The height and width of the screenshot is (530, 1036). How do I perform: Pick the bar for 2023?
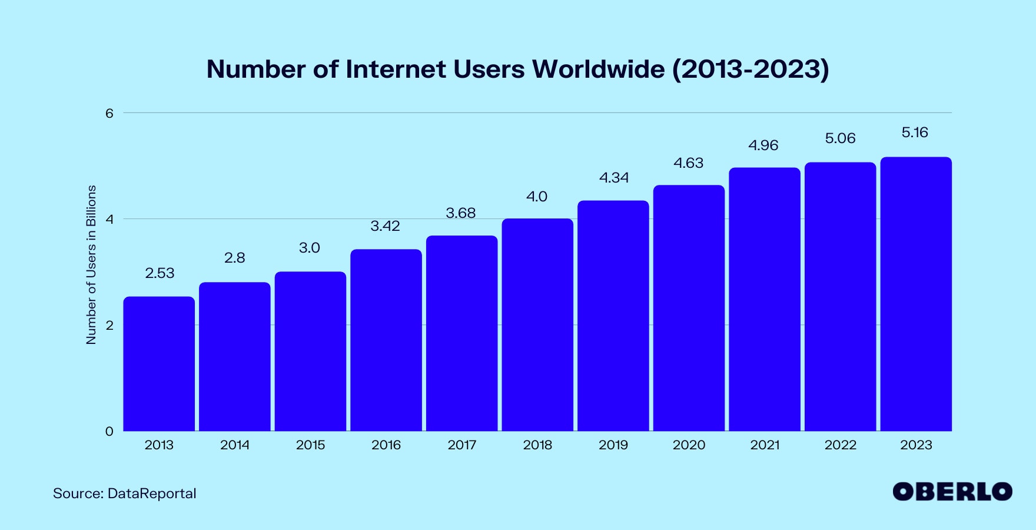pos(916,294)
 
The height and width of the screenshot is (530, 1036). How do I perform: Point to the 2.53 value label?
pos(160,273)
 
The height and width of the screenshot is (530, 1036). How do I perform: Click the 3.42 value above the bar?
pos(385,226)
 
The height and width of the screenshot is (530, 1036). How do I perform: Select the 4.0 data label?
pos(537,197)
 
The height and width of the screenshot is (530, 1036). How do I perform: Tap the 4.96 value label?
pos(763,145)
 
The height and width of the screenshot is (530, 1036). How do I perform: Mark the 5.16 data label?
pos(915,132)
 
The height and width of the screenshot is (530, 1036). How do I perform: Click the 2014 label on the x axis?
pos(235,445)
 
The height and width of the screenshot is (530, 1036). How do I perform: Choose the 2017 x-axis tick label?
pos(461,445)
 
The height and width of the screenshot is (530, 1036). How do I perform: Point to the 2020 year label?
pos(689,445)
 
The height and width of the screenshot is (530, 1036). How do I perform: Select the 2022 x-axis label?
pos(840,445)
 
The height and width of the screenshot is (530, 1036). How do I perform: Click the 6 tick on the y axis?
pos(109,113)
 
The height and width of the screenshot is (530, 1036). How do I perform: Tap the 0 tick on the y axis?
pos(109,432)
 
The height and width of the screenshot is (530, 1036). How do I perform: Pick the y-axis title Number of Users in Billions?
pos(91,265)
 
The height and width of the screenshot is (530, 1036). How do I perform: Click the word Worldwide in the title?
pos(599,69)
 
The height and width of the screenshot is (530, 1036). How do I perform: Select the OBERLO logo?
pos(952,492)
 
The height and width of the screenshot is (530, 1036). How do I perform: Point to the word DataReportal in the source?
pos(152,493)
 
